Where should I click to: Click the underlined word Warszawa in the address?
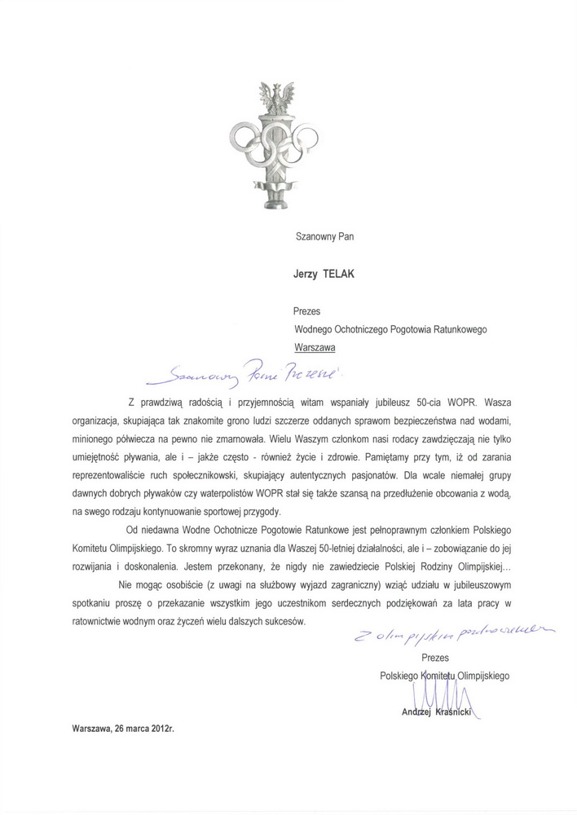click(315, 346)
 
